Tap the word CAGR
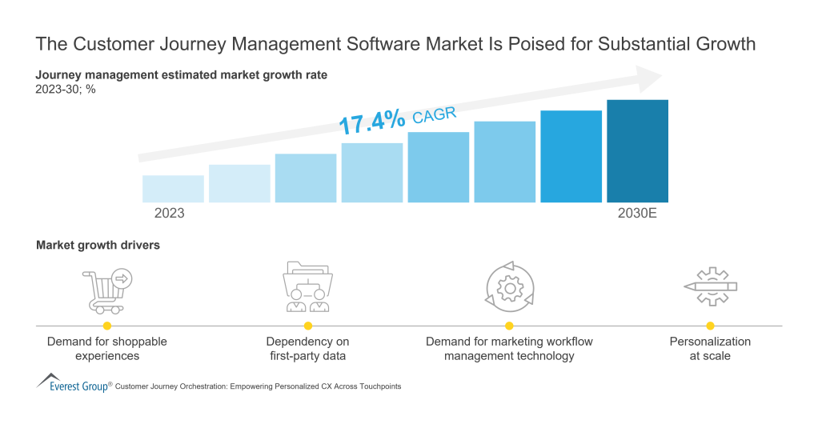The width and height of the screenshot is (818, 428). coord(434,116)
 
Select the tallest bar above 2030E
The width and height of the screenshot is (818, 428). coord(637,151)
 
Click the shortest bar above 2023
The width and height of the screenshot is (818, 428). coord(173,189)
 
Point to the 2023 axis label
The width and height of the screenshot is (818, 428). coord(169,214)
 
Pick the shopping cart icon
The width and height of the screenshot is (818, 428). coord(106,290)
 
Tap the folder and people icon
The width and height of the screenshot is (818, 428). coord(307,287)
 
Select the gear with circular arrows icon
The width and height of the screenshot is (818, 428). coord(508,286)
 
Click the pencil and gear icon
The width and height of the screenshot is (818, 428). coord(710,286)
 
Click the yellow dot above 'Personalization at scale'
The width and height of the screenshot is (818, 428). coord(710,326)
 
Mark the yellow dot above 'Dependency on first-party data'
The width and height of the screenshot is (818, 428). coord(307,326)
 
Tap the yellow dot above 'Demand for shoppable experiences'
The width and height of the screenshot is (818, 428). coord(106,326)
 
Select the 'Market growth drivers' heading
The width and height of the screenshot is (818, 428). coord(98,246)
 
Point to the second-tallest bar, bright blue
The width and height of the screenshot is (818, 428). coord(571,157)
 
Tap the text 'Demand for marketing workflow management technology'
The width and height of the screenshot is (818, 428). coord(509,349)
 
